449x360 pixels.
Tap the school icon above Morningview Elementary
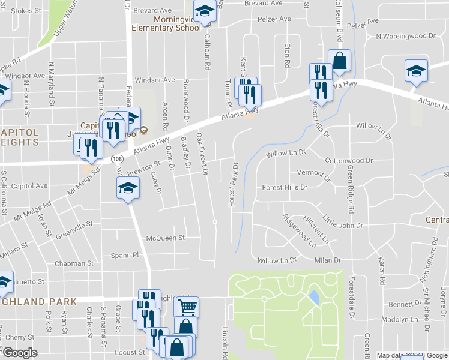pos(205,11)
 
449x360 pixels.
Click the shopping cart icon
pos(187,307)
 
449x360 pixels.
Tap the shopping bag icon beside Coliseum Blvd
pos(340,61)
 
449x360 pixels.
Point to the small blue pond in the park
pos(313,297)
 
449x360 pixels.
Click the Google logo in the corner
pos(20,353)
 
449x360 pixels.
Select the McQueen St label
pos(165,238)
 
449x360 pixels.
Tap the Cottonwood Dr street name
pos(349,161)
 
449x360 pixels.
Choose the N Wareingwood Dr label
pos(405,36)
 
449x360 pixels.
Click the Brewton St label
pos(145,168)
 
